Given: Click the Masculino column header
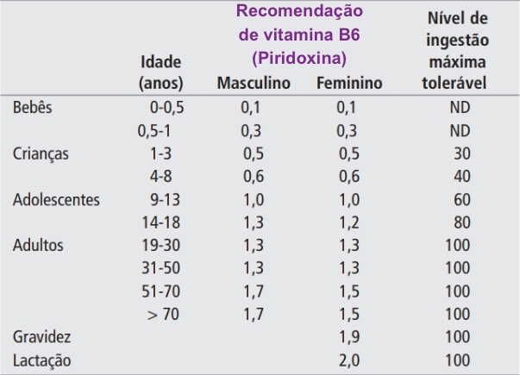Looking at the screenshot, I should click(x=254, y=84).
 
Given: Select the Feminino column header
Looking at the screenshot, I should click(x=349, y=84).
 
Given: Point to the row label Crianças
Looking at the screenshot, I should click(x=41, y=154).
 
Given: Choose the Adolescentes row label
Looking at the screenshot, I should click(x=57, y=200).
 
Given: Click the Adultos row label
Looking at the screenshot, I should click(x=38, y=245).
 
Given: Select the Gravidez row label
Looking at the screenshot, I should click(x=42, y=335).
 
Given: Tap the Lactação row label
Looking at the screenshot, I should click(x=42, y=359).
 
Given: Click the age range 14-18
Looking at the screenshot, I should click(x=161, y=222).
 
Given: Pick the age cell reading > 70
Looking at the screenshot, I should click(x=163, y=313).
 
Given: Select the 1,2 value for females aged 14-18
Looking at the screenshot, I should click(x=347, y=222).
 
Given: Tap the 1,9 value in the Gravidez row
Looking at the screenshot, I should click(x=347, y=335).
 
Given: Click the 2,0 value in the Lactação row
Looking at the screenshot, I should click(x=347, y=359).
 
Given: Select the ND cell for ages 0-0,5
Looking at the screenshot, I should click(x=459, y=109).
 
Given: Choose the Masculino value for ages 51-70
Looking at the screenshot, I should click(x=252, y=291).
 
